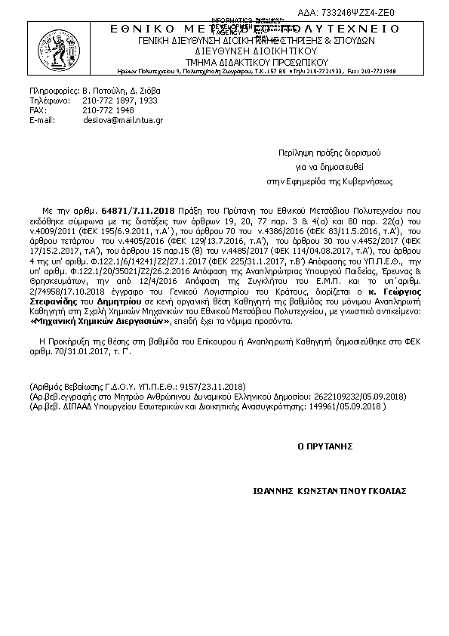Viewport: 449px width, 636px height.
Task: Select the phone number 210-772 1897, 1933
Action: (x=119, y=100)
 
